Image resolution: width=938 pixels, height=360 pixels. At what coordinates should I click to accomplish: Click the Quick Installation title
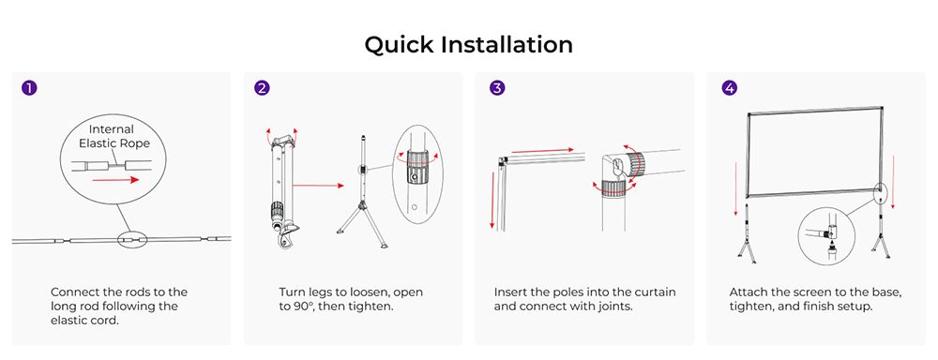tap(468, 44)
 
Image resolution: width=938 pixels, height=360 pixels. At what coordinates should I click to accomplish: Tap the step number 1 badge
tap(29, 88)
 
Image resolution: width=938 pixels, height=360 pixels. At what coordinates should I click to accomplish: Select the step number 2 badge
tap(262, 88)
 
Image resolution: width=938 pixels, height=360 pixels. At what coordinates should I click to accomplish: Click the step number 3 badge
tap(497, 88)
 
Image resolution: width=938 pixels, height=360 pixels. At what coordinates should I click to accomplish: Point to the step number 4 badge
tap(729, 88)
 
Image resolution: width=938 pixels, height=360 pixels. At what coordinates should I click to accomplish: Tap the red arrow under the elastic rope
tap(115, 179)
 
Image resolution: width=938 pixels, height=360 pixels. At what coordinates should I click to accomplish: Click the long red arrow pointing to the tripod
tap(318, 186)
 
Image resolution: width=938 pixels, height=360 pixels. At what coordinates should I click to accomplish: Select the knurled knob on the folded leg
tap(277, 211)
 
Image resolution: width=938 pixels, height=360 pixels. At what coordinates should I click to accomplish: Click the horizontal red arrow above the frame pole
tap(542, 149)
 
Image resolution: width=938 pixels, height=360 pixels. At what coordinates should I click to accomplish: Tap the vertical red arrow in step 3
tap(492, 201)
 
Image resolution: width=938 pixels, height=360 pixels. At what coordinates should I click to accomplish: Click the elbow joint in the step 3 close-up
tap(622, 173)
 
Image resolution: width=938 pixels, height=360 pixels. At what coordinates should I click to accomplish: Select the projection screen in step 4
tap(814, 152)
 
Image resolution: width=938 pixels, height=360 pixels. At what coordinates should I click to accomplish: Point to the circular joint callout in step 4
tap(828, 236)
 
